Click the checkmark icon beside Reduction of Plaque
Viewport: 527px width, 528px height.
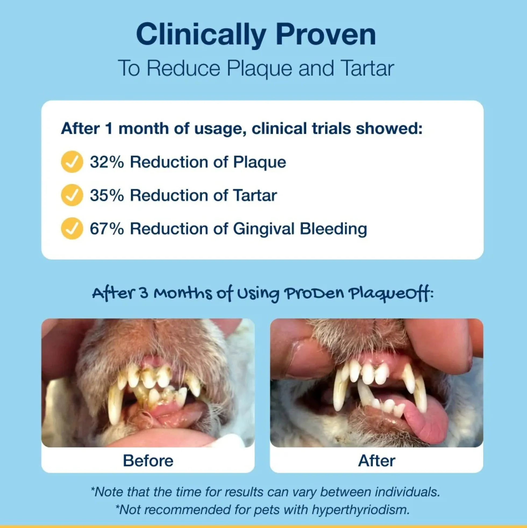[x=72, y=162]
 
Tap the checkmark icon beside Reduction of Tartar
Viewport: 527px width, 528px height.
[x=72, y=195]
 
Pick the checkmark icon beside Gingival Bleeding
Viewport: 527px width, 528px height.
[x=72, y=228]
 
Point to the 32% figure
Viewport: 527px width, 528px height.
[x=107, y=162]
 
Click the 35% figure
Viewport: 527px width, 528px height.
[x=107, y=195]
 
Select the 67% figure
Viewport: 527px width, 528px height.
[x=107, y=229]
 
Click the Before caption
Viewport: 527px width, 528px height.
[x=148, y=460]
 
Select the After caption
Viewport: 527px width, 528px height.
[x=377, y=460]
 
